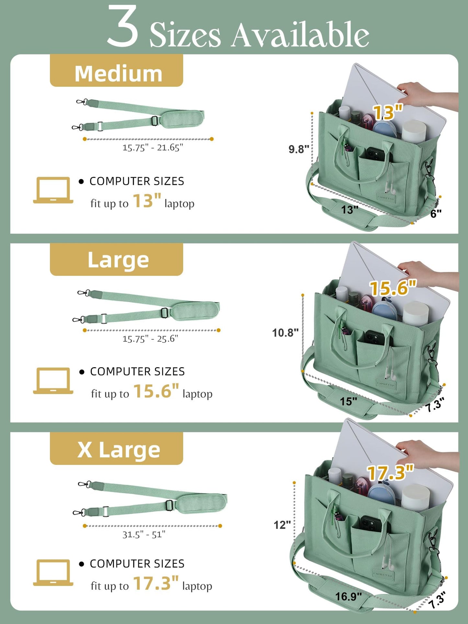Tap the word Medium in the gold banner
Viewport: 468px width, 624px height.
tap(118, 74)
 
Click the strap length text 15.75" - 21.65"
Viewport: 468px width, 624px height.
tap(153, 148)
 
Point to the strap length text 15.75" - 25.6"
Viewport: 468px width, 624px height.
tap(150, 339)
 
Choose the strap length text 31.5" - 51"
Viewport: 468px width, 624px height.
tap(144, 534)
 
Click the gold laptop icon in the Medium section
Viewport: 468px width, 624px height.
tap(53, 190)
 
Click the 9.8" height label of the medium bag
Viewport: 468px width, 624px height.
tap(299, 149)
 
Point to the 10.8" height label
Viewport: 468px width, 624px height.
tap(285, 333)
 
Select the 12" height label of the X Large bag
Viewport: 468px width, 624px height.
tap(282, 525)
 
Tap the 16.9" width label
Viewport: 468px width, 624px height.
tap(348, 596)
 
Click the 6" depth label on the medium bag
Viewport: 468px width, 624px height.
tap(436, 214)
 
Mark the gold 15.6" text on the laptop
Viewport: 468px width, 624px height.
tap(393, 288)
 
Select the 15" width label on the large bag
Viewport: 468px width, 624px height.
tap(348, 402)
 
